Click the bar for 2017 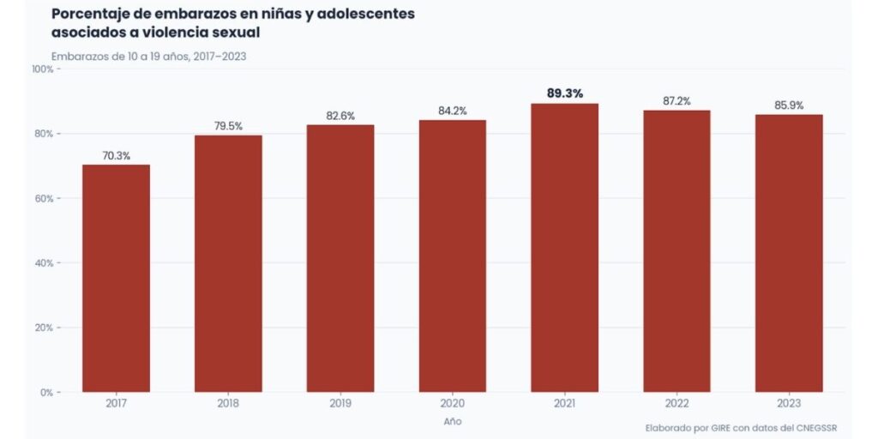(116, 279)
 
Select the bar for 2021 (565, 249)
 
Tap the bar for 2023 (789, 254)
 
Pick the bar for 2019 (340, 259)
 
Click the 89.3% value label (565, 93)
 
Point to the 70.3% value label (116, 155)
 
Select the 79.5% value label (228, 126)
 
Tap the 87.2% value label (677, 101)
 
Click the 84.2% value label (452, 111)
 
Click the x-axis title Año (452, 422)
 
